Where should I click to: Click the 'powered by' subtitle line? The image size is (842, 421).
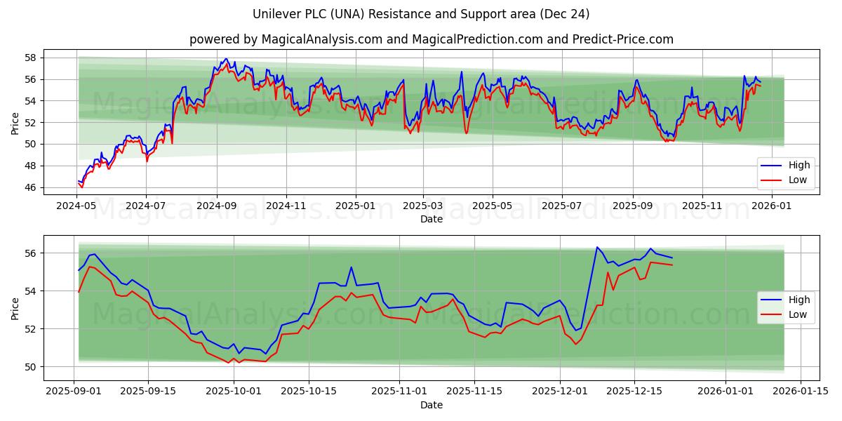tap(431, 39)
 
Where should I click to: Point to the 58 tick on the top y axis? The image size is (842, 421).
tap(30, 58)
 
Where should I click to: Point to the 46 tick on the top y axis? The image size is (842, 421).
tap(30, 187)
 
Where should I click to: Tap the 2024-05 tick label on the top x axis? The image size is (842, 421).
tap(76, 206)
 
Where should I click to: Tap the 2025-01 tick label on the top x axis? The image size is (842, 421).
tap(355, 206)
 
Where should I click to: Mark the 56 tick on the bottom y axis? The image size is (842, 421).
tap(30, 253)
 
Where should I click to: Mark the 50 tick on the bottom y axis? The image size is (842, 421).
tap(30, 366)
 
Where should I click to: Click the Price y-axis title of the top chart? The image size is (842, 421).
tap(15, 123)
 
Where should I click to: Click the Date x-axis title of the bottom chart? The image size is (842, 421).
tap(431, 405)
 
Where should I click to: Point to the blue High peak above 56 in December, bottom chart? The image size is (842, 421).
tap(597, 247)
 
